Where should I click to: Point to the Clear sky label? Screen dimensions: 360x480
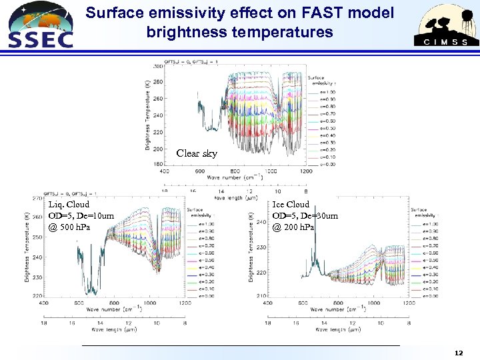[197, 153]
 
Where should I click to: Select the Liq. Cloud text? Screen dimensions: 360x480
[69, 205]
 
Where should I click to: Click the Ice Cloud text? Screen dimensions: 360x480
[291, 205]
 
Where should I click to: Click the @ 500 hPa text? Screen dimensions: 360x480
[69, 227]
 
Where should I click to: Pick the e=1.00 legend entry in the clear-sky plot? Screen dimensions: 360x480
[325, 92]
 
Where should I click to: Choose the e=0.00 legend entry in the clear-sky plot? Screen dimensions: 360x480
[325, 164]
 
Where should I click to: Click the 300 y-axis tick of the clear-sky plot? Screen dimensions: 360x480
[158, 67]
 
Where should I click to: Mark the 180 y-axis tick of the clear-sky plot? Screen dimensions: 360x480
[158, 164]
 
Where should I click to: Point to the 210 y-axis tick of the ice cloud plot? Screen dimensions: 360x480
[261, 295]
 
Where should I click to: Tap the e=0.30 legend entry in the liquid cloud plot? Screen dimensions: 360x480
[207, 275]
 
